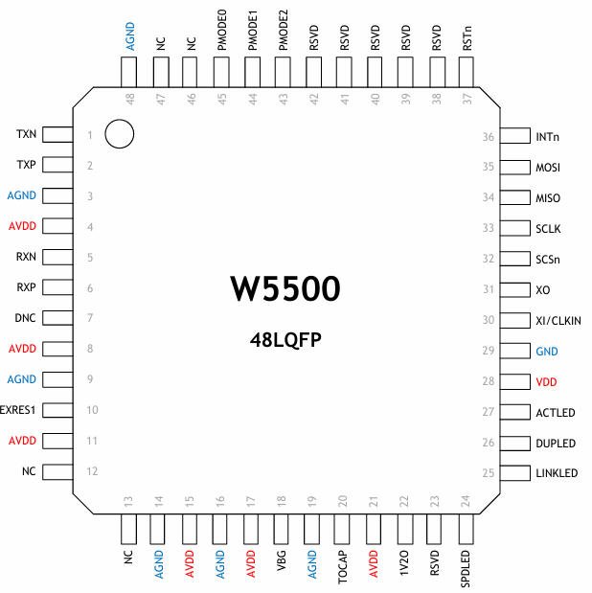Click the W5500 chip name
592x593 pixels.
point(285,290)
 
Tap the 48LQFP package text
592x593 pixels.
point(285,339)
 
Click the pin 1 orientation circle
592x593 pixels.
point(119,134)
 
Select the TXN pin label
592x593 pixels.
point(26,134)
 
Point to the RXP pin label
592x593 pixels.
point(26,287)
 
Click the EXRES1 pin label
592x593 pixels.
point(19,410)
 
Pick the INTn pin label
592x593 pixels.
point(548,137)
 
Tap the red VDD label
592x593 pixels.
point(547,381)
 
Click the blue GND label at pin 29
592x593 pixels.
point(547,352)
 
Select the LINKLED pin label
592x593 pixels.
point(558,473)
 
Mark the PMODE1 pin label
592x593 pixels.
point(252,33)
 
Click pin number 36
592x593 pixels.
point(489,137)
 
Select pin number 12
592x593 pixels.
point(90,471)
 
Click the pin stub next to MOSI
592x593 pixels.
point(516,168)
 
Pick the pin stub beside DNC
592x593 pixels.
point(57,318)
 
